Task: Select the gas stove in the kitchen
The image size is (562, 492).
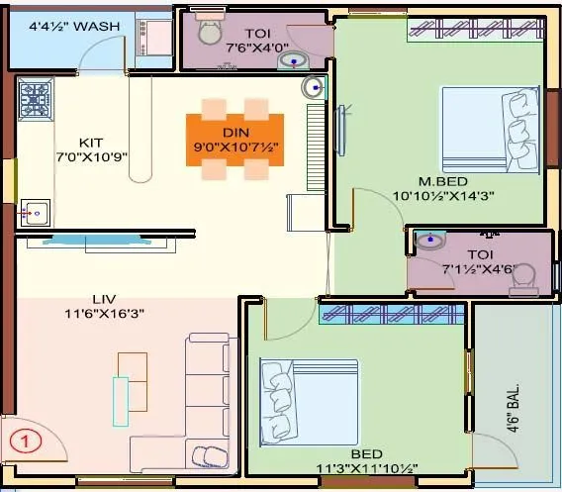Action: [x=36, y=100]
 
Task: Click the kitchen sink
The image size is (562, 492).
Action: [x=36, y=211]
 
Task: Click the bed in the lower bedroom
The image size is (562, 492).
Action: [x=308, y=401]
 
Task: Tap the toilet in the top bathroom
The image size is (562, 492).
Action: [x=210, y=32]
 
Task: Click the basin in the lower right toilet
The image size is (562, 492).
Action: [x=429, y=241]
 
